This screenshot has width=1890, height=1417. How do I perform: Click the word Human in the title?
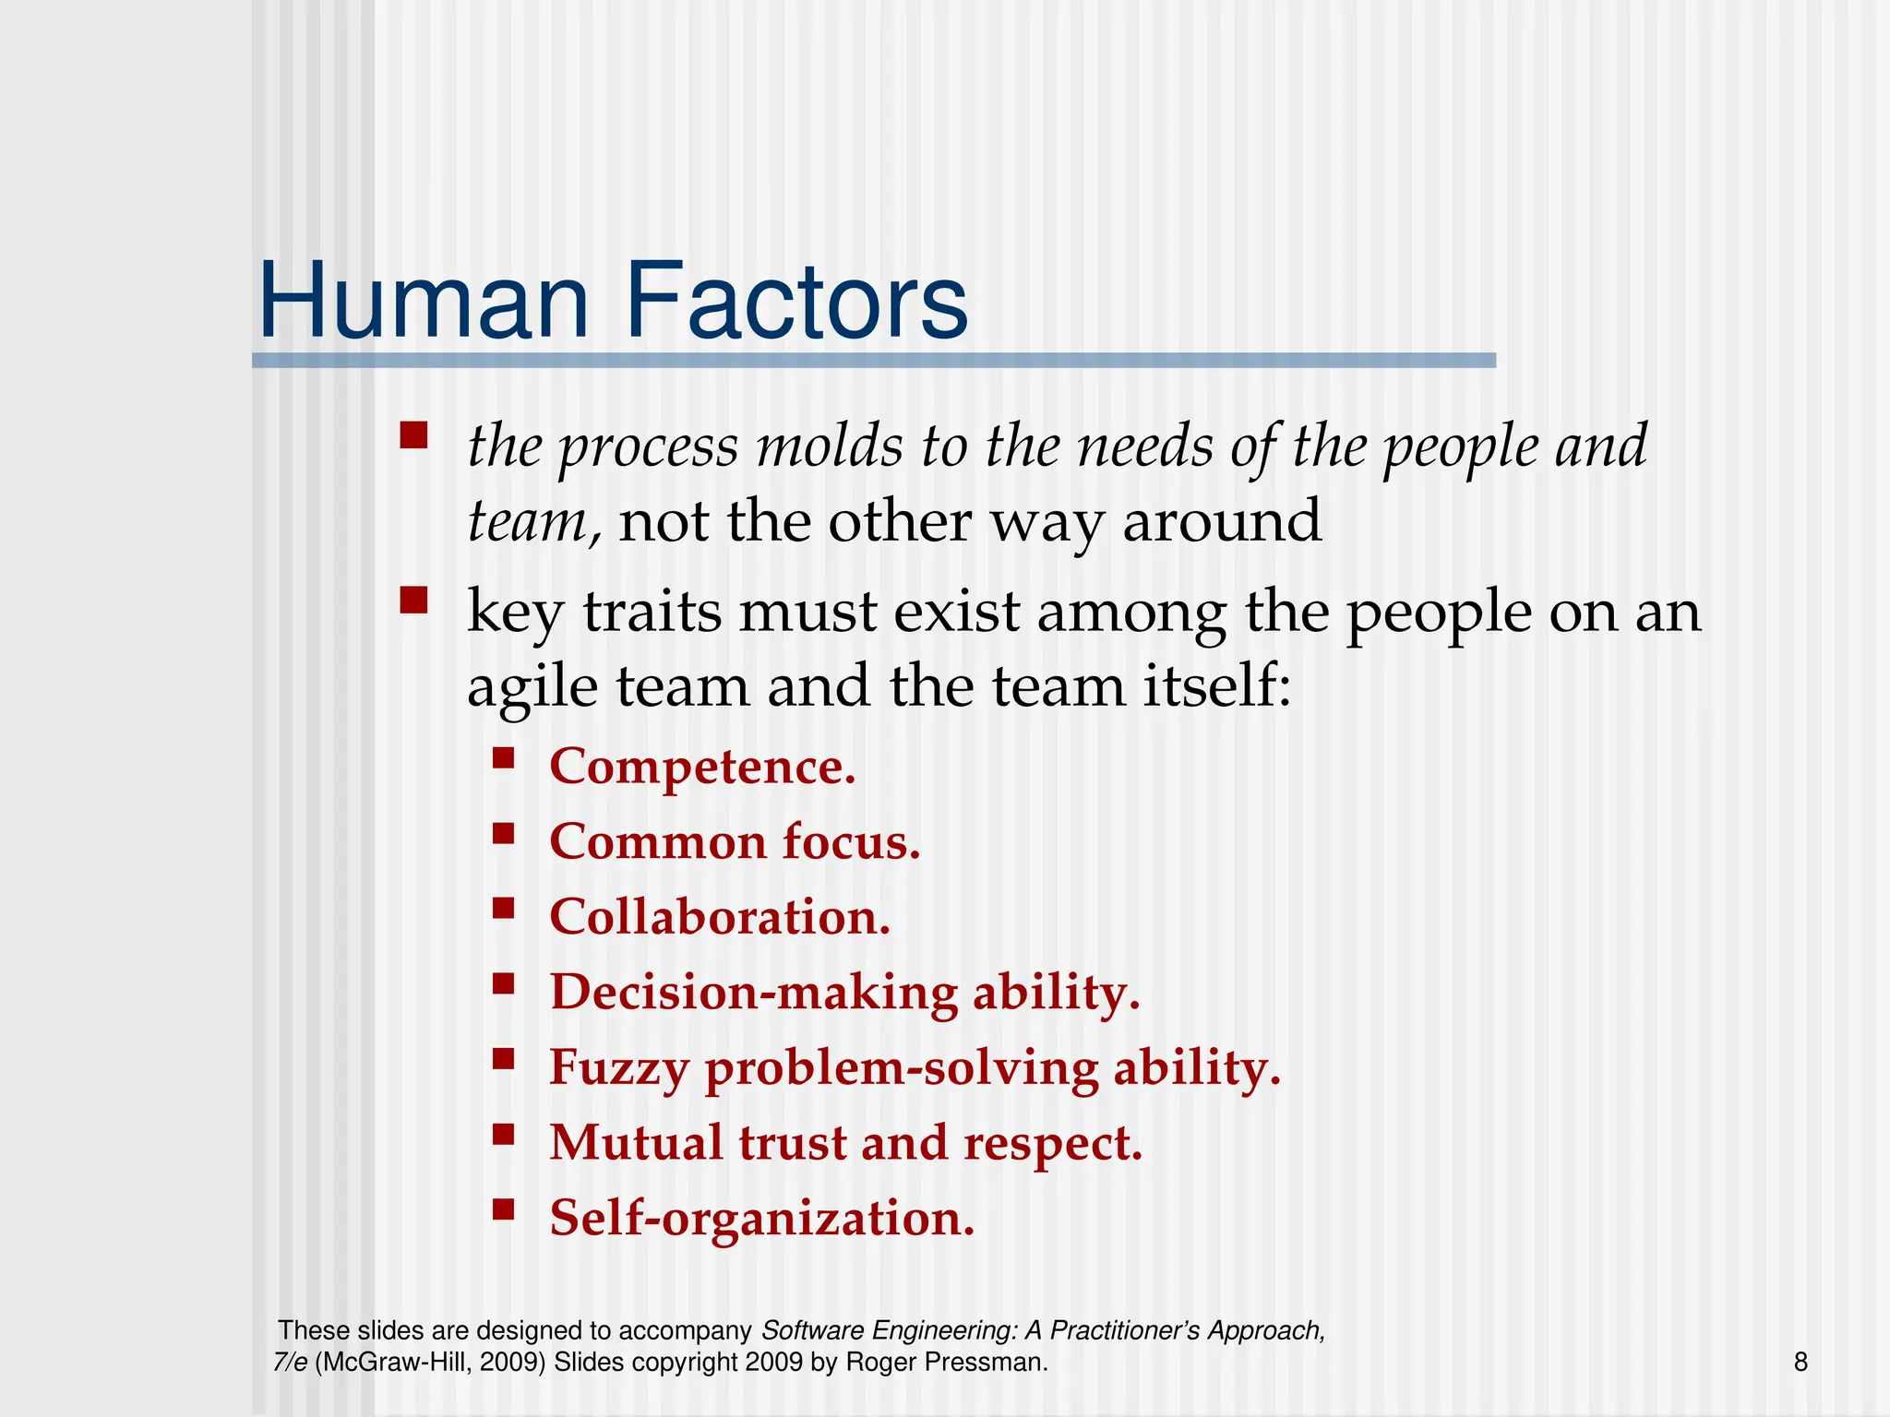pos(424,302)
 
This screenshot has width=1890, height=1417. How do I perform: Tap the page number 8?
pos(1800,1362)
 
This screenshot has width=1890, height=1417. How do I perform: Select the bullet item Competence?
pos(702,767)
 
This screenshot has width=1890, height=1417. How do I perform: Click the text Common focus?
pos(735,842)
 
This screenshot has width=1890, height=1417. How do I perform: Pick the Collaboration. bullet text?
pos(720,917)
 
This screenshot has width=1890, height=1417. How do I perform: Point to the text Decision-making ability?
pos(844,993)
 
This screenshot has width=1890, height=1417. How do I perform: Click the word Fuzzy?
pos(618,1068)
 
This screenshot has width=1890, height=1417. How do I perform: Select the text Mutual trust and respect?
pos(845,1143)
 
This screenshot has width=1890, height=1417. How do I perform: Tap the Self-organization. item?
pos(761,1218)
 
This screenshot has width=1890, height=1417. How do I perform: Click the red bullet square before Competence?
pos(503,758)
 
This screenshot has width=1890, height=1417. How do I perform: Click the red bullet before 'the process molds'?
pos(413,435)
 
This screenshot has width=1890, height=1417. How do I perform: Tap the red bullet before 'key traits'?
pos(413,601)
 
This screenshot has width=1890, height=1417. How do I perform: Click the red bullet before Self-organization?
pos(503,1209)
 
